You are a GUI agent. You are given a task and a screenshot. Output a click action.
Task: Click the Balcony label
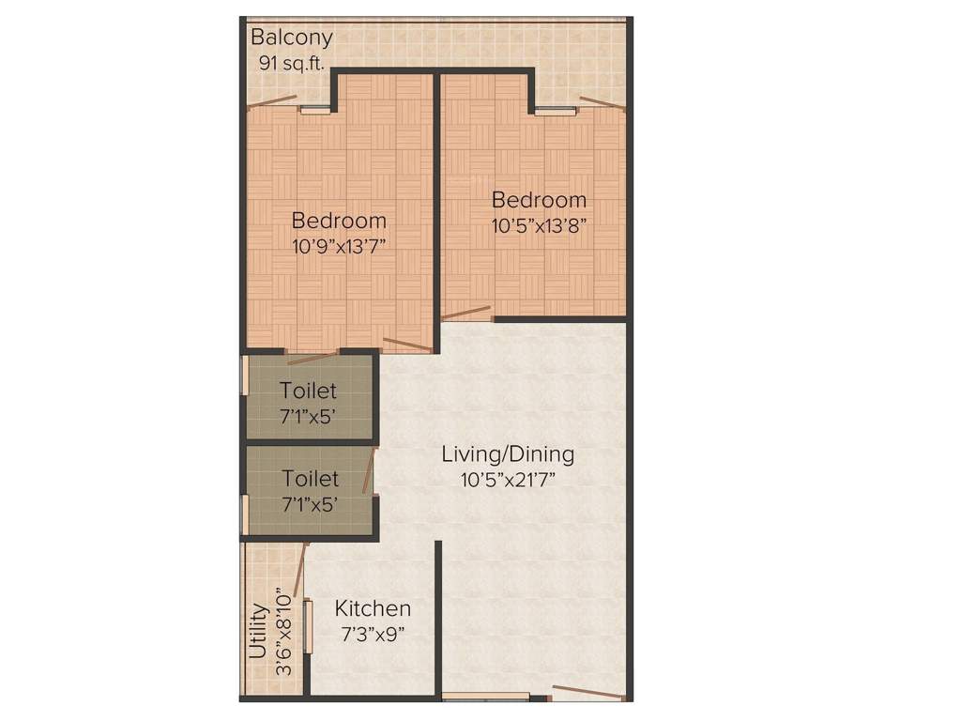point(291,38)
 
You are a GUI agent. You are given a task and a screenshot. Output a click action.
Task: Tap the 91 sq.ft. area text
point(290,64)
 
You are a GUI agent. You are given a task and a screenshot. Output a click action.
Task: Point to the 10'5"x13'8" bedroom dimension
point(539,225)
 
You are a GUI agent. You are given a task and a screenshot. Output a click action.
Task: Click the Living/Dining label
point(508,454)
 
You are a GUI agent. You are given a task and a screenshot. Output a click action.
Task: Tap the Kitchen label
point(373,608)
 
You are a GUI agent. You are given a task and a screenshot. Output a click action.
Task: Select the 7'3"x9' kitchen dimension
point(373,633)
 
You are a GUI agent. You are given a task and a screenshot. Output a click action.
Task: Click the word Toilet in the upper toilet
point(308,391)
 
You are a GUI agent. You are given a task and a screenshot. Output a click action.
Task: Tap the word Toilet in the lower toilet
point(311,479)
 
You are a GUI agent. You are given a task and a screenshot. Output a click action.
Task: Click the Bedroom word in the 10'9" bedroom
point(339,221)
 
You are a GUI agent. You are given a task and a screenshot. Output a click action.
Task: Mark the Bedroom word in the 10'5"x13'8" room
point(539,200)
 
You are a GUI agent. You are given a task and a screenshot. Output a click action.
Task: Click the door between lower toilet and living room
point(373,469)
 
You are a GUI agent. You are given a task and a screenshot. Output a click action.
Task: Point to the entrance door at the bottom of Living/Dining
point(587,693)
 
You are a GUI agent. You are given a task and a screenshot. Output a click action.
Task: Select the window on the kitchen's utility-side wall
point(306,626)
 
